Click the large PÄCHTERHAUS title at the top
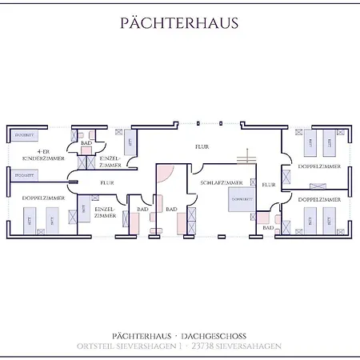(x=179, y=22)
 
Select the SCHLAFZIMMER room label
(x=222, y=183)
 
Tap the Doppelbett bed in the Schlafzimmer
(x=242, y=199)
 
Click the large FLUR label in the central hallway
(x=202, y=147)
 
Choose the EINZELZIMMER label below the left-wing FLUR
(x=106, y=211)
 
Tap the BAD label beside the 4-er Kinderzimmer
(x=86, y=142)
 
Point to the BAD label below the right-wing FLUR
(x=268, y=228)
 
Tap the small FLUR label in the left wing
(x=107, y=182)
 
